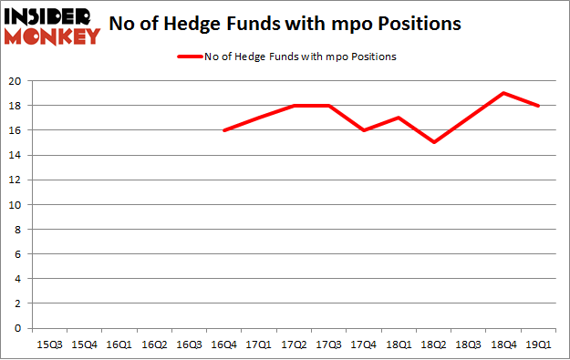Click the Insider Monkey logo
51,26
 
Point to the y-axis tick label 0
17,329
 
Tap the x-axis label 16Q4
223,345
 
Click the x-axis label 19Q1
538,345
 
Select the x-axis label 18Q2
433,345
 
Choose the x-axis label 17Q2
294,345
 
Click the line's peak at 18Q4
503,93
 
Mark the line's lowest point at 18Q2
433,142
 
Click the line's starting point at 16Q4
223,130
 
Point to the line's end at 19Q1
538,106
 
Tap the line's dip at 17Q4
363,130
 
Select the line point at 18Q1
399,118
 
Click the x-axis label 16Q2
153,345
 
